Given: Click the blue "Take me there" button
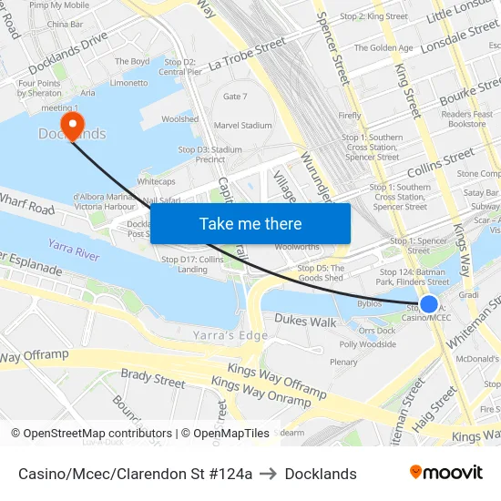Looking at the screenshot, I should pos(250,223).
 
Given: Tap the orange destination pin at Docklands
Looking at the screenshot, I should pos(71,124).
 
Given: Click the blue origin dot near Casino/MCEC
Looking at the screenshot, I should pos(429,304).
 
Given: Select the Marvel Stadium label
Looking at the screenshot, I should pos(242,126).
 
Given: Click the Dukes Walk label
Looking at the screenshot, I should pos(305,320).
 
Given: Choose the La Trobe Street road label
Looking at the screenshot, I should pos(247,55).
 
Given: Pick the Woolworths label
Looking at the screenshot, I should pos(296,247).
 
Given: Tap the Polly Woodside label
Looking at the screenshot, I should pos(367,344).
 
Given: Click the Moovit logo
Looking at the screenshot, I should pos(445,473).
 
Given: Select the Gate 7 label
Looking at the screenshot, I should pos(235,96).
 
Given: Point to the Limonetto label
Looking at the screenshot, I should pos(128,83).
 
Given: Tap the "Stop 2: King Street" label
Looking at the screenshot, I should pos(373,16).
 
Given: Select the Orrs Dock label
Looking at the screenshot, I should pos(376,330).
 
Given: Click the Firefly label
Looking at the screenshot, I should pos(350,116).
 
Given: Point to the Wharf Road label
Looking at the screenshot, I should pos(27,207).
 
